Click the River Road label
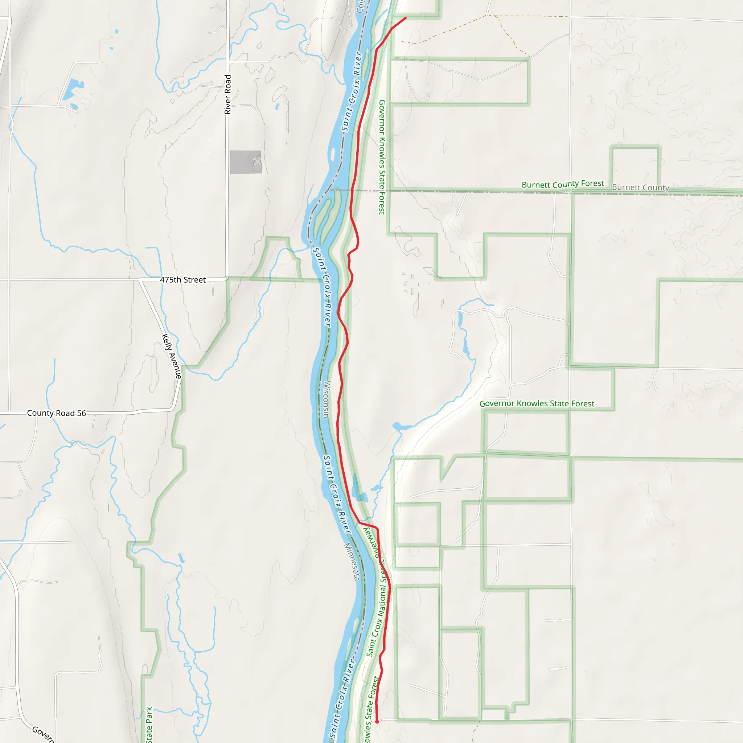(x=228, y=94)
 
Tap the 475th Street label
(x=183, y=280)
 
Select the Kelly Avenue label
(x=172, y=356)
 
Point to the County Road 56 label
(x=57, y=413)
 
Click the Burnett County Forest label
(x=563, y=184)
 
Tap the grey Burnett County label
(x=640, y=188)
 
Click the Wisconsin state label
(x=327, y=399)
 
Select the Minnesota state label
(x=352, y=562)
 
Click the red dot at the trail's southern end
(x=377, y=722)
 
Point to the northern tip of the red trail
(x=405, y=18)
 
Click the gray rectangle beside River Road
(x=245, y=162)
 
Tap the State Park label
(x=149, y=724)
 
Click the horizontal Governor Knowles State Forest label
(x=537, y=403)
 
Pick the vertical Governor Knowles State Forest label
(x=382, y=157)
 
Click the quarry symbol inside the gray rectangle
(x=257, y=162)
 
